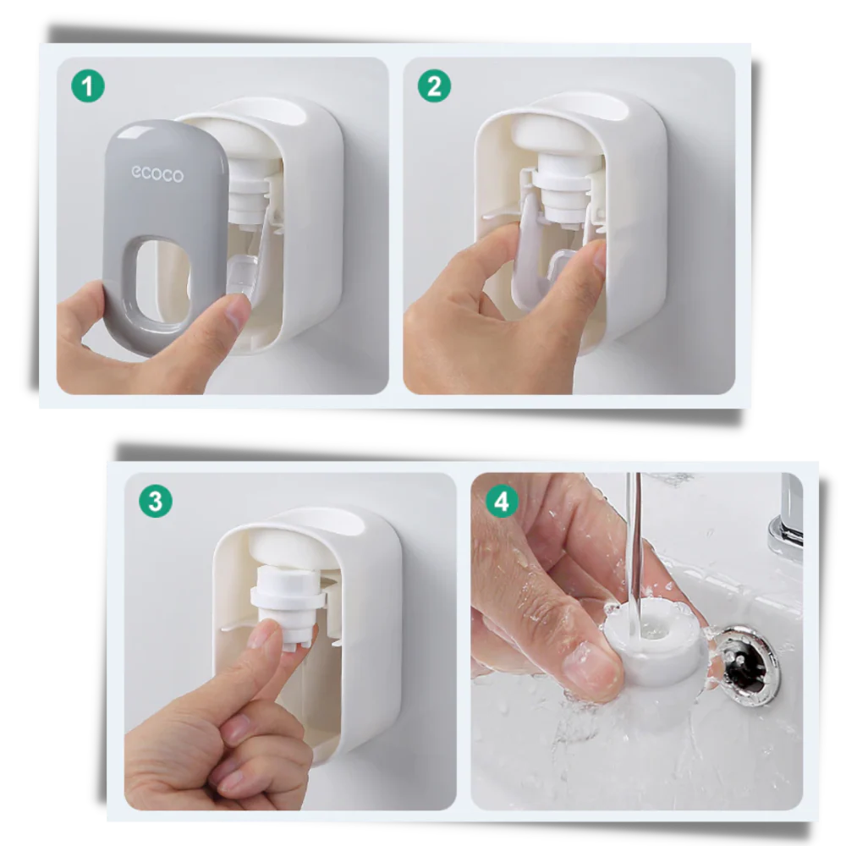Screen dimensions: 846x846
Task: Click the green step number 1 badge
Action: tap(88, 85)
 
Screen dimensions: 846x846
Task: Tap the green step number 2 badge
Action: tap(434, 85)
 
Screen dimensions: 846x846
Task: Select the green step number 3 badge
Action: tap(155, 500)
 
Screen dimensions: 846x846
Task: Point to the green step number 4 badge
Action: tap(502, 502)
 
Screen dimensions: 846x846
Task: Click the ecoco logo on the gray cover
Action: tap(157, 174)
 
